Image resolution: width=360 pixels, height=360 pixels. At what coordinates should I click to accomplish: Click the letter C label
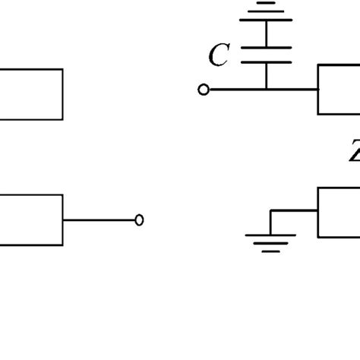(218, 55)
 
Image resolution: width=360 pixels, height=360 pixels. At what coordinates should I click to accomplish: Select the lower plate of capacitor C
(267, 64)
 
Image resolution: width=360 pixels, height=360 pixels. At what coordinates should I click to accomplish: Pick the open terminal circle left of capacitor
(203, 90)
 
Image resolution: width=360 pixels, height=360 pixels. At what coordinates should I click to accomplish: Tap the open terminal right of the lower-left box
(139, 220)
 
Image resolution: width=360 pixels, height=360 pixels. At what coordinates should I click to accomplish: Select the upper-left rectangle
(30, 94)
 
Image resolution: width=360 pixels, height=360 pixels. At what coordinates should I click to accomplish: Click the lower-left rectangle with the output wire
(30, 220)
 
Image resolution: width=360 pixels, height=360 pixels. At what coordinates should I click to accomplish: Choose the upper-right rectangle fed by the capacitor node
(339, 90)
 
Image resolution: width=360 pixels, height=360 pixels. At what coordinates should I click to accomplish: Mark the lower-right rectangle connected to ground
(339, 213)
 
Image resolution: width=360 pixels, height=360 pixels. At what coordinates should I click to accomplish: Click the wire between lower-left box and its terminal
(99, 220)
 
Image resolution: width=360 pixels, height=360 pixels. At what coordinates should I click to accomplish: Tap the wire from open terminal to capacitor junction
(235, 90)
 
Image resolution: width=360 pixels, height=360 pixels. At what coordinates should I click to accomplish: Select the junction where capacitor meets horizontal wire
(267, 90)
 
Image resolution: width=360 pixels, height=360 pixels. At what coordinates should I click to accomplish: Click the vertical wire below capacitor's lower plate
(267, 77)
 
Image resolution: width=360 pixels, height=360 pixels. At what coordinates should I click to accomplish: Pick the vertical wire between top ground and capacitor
(267, 29)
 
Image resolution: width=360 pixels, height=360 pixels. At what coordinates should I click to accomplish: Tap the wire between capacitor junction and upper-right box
(292, 90)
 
